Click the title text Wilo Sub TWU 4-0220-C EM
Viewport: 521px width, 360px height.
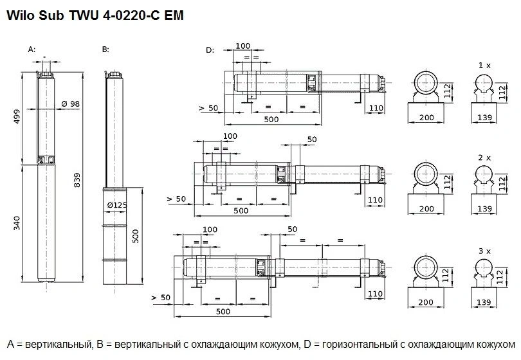95,15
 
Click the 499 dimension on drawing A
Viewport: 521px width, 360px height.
17,116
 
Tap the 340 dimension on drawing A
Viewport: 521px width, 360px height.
17,223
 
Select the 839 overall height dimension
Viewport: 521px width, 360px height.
77,180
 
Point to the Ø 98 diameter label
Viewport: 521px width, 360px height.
71,104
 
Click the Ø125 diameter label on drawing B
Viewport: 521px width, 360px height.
117,205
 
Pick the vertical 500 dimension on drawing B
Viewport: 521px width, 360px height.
136,236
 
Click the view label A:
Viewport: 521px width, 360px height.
32,50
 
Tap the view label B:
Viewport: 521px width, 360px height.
105,50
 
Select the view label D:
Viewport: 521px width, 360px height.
210,50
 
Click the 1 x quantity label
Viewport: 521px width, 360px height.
484,66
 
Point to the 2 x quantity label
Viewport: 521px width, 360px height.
484,157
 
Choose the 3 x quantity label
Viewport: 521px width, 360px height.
484,251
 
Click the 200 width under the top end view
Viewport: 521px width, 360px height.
426,117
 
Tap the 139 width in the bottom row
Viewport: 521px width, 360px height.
484,302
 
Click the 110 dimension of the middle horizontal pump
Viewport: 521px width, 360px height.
375,200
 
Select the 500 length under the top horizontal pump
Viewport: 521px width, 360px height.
271,120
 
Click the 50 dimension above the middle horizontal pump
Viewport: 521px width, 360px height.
312,139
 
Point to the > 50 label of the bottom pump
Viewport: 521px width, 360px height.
161,298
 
